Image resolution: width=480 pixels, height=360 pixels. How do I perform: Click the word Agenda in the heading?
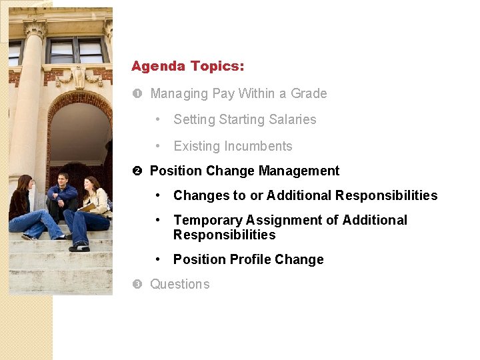coord(158,67)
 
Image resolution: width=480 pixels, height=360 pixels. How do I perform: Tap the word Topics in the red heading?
coord(217,67)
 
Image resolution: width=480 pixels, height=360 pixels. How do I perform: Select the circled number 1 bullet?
coord(137,94)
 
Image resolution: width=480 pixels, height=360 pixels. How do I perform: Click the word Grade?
coord(309,93)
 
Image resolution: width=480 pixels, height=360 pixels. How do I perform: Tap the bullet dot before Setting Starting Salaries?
coord(157,119)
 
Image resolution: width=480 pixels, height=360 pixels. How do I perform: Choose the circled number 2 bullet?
coord(137,171)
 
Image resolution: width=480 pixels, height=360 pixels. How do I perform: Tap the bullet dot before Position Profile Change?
coord(157,259)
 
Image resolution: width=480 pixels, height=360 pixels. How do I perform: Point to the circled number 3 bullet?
coord(137,285)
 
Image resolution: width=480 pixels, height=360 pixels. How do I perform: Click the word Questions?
coord(179,284)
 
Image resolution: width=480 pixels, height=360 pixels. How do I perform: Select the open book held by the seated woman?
coord(87,207)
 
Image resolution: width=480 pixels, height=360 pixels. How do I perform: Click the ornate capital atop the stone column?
coord(35,28)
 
